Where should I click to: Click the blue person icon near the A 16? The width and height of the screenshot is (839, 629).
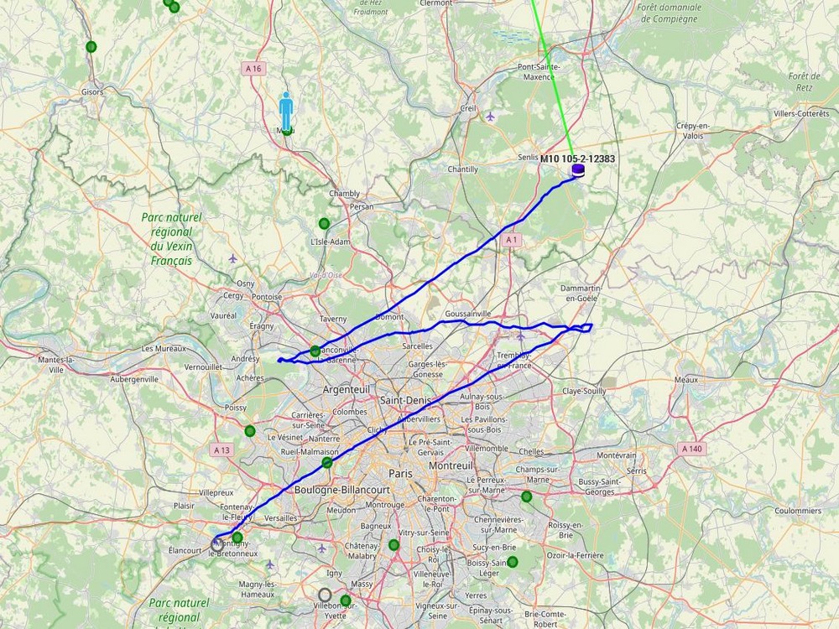[x=286, y=112]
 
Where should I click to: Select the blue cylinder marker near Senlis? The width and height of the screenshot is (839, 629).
[x=578, y=171]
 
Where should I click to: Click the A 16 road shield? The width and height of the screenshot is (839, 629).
[x=253, y=69]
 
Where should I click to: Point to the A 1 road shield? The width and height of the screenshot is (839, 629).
[x=511, y=240]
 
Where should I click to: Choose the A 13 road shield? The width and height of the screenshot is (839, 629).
[x=221, y=450]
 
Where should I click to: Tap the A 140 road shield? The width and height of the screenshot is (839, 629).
[x=692, y=449]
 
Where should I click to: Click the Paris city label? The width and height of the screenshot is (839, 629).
[x=400, y=474]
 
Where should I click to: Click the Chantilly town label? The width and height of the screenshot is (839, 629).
[x=462, y=169]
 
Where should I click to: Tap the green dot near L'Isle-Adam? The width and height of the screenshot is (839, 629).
[x=324, y=223]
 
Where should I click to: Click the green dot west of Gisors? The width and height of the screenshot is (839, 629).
[x=91, y=46]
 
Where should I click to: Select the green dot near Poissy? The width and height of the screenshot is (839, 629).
[x=250, y=431]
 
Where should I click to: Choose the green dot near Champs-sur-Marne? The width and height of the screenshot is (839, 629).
[x=527, y=496]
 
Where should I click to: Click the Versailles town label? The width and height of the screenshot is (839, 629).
[x=280, y=518]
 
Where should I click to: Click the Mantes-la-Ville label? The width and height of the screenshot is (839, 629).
[x=57, y=364]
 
